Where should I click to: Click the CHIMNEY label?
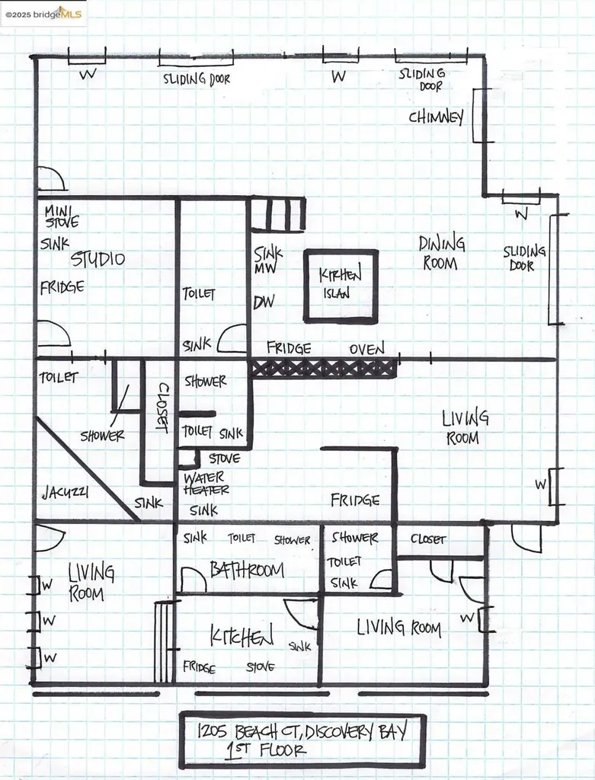pyautogui.click(x=436, y=117)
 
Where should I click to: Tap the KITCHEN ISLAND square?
pyautogui.click(x=341, y=285)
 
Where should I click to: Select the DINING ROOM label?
pyautogui.click(x=442, y=254)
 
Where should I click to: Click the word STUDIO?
pyautogui.click(x=98, y=260)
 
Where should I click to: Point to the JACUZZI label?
pyautogui.click(x=65, y=493)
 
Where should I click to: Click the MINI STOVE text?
pyautogui.click(x=60, y=217)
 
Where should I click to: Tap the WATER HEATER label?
pyautogui.click(x=206, y=484)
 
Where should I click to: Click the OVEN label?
pyautogui.click(x=367, y=349)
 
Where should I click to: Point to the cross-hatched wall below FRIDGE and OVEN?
pyautogui.click(x=324, y=368)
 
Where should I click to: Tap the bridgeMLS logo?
pyautogui.click(x=44, y=14)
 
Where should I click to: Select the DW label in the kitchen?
pyautogui.click(x=264, y=302)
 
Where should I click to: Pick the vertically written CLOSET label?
pyautogui.click(x=162, y=408)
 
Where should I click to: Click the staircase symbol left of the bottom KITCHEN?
pyautogui.click(x=164, y=642)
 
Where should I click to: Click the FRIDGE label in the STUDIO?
pyautogui.click(x=62, y=287)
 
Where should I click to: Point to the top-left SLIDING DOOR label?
pyautogui.click(x=196, y=78)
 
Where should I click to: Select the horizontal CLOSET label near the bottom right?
pyautogui.click(x=427, y=539)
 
